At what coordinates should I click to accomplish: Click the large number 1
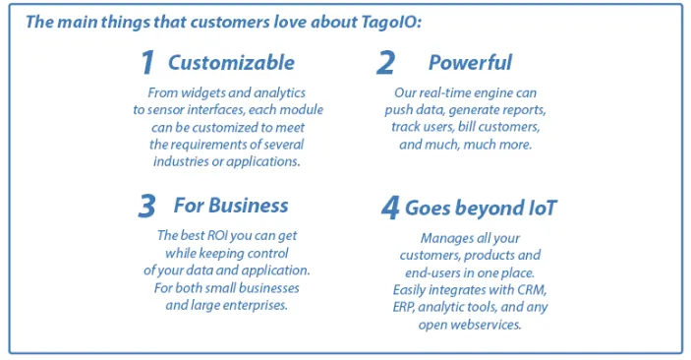click(x=147, y=64)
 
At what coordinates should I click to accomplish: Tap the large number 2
click(x=386, y=64)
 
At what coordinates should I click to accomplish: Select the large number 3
click(x=147, y=207)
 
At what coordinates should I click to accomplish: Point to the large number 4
click(x=390, y=209)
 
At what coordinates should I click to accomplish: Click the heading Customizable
click(x=231, y=63)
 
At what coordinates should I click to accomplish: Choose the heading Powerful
click(x=470, y=63)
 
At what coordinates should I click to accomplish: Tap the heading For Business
click(x=231, y=206)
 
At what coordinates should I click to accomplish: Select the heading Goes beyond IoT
click(x=482, y=209)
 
